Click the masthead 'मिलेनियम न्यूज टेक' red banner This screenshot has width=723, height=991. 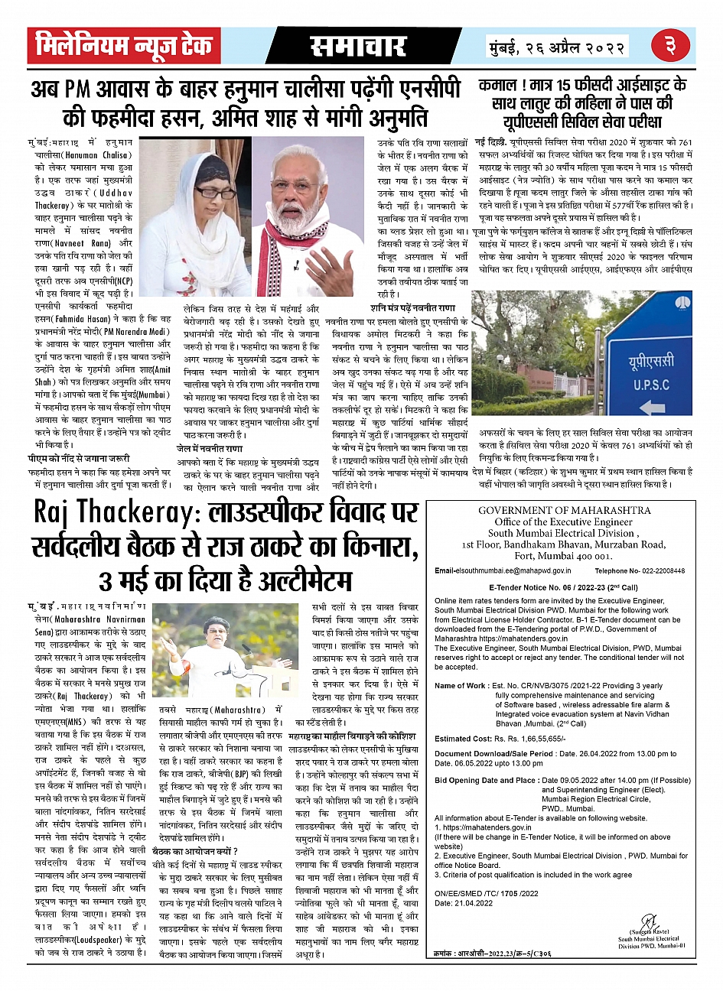pyautogui.click(x=124, y=47)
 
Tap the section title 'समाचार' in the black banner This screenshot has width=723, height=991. pyautogui.click(x=358, y=47)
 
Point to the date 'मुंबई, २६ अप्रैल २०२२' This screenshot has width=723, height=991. pyautogui.click(x=557, y=47)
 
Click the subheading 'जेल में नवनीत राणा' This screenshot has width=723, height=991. pyautogui.click(x=210, y=449)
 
